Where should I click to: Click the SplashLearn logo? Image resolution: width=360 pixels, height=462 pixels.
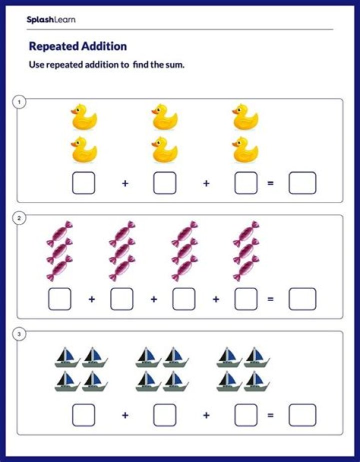click(x=51, y=20)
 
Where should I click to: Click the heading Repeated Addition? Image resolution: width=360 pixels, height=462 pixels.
click(x=78, y=46)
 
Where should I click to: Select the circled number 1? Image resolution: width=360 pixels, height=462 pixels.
click(x=19, y=102)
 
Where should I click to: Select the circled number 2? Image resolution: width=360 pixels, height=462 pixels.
click(x=19, y=218)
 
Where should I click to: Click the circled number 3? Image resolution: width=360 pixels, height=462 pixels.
click(x=19, y=335)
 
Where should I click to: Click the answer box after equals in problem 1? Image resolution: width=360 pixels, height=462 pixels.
click(x=302, y=183)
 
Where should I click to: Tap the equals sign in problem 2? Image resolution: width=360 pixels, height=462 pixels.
click(x=270, y=299)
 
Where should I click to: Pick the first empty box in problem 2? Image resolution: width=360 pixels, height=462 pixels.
click(x=59, y=299)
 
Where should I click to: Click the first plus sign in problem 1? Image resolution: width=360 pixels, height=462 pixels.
click(x=125, y=183)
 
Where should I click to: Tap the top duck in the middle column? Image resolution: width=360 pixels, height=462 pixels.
click(x=164, y=117)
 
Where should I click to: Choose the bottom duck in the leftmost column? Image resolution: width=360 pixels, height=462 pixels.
click(x=83, y=150)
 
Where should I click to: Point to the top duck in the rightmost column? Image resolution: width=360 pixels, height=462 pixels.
click(x=245, y=117)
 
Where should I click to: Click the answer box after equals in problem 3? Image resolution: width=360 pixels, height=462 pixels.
click(x=302, y=415)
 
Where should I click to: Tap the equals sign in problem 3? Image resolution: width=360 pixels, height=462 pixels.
click(x=270, y=415)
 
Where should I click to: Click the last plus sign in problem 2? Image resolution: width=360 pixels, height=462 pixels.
click(x=215, y=299)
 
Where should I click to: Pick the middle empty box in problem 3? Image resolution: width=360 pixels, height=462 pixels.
click(x=164, y=415)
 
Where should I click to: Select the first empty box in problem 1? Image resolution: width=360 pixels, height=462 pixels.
click(x=83, y=183)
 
